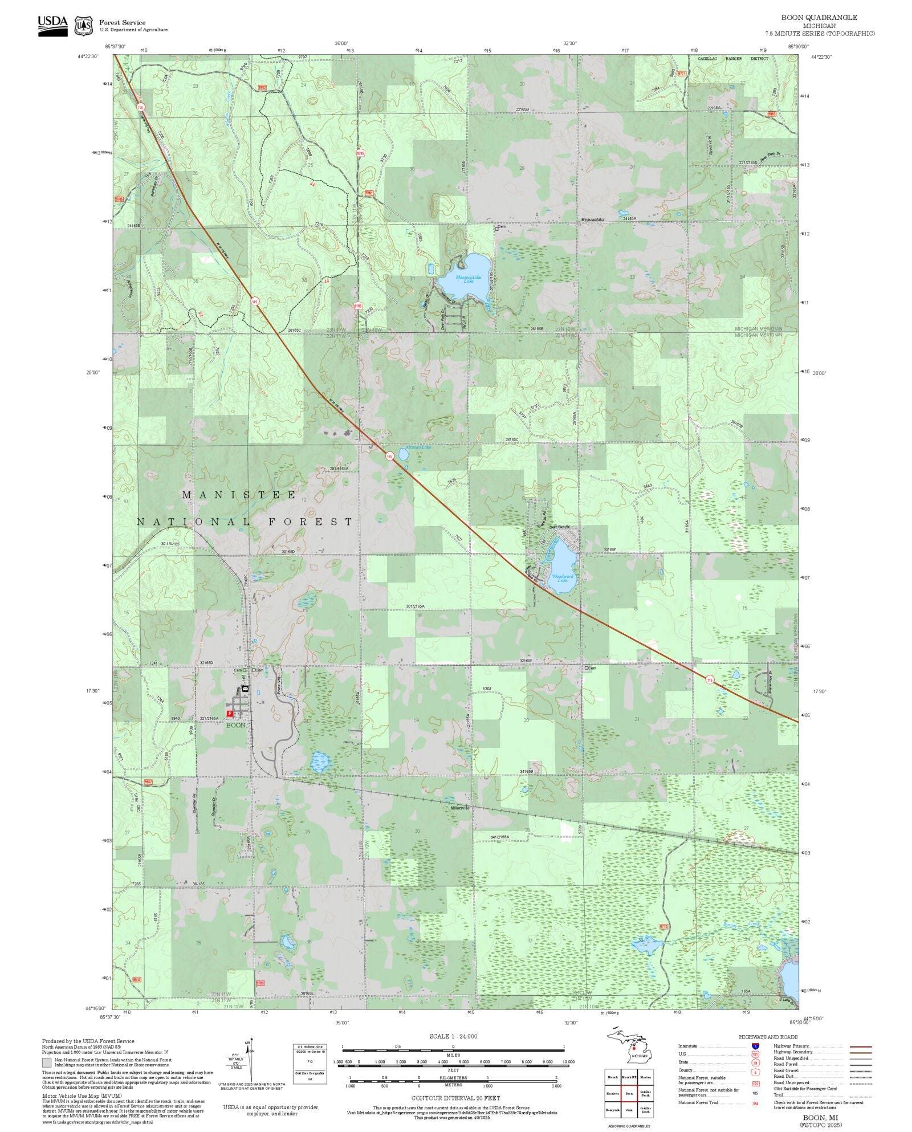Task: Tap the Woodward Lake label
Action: [560, 578]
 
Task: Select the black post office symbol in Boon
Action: [246, 689]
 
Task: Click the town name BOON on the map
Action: [236, 725]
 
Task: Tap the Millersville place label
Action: [459, 808]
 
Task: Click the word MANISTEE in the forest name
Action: [239, 495]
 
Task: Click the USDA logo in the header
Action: [52, 26]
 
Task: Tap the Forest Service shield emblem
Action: [84, 26]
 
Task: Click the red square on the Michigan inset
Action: [633, 1048]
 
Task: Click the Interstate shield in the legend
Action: [756, 1046]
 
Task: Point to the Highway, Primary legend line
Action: [861, 1047]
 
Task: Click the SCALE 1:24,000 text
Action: [453, 1036]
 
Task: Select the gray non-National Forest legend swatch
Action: [47, 1062]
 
